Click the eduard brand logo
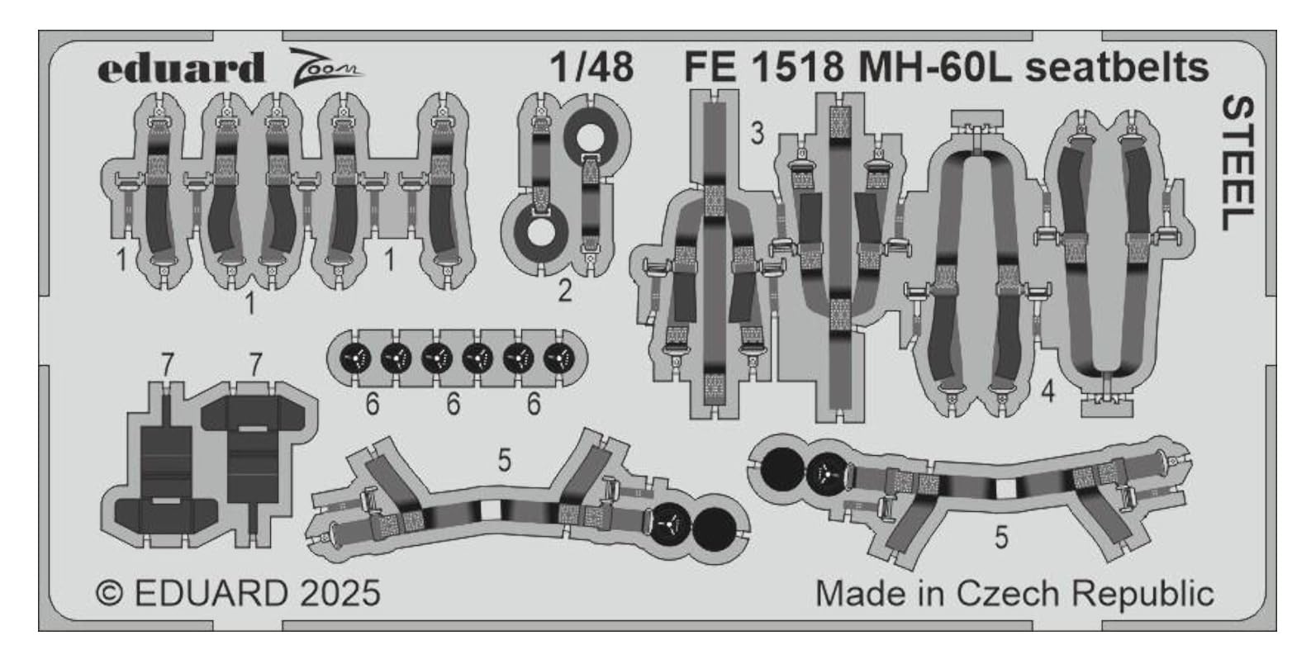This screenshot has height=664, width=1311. pos(182,69)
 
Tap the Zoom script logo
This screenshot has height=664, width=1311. pos(325,66)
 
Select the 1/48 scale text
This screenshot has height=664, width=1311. pos(592,67)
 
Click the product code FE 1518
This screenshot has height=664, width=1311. pos(763,68)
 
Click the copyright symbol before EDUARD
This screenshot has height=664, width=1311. pos(109,594)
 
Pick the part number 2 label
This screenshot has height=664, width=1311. pos(565,291)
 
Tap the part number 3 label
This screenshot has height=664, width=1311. pos(758,134)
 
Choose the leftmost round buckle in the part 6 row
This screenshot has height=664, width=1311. pos(355,358)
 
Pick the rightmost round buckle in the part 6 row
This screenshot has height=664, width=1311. pos(559,358)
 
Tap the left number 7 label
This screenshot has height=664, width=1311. pos(168,366)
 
